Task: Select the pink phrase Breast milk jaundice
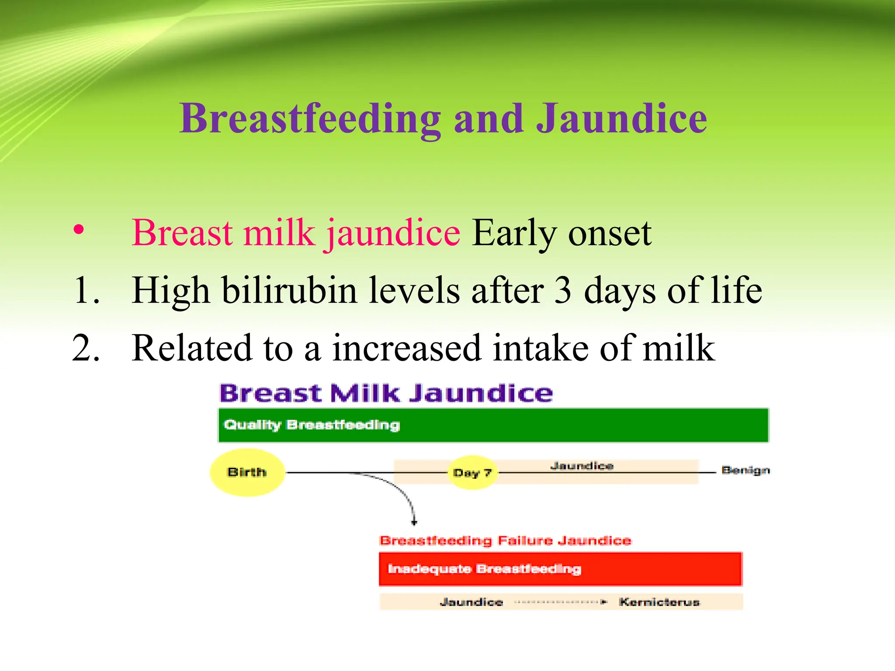(296, 233)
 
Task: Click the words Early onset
(562, 233)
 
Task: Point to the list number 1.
(86, 291)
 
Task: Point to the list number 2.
(86, 348)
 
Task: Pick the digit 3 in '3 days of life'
(563, 291)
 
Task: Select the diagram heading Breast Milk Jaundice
(386, 393)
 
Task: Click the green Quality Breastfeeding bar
(493, 425)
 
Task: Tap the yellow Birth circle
(247, 472)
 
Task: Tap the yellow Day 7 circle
(472, 473)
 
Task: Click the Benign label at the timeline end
(746, 470)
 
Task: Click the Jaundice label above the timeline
(582, 466)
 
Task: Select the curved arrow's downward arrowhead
(414, 522)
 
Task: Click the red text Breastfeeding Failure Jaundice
(505, 540)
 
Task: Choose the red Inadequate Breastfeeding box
(560, 569)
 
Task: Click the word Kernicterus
(659, 602)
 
